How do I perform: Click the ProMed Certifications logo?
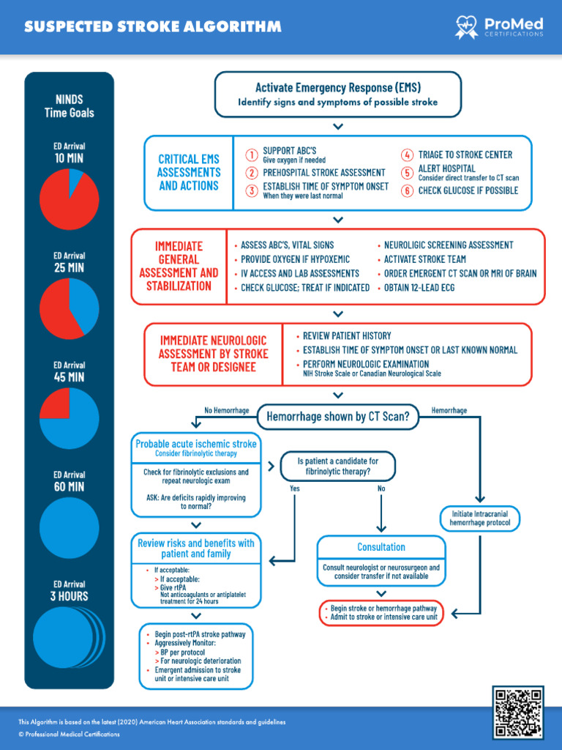coord(499,28)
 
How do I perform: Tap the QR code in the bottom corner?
coord(517,711)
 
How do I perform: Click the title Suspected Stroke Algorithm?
coord(152,27)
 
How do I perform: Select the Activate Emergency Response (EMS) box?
coord(337,94)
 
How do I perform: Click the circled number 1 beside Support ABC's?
coord(251,155)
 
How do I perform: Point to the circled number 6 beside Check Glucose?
coord(407,190)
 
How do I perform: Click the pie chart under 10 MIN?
coord(69,198)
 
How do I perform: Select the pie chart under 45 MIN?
coord(69,417)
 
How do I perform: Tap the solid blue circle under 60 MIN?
coord(69,527)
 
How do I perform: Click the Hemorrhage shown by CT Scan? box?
coord(337,417)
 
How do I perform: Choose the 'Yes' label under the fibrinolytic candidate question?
coord(295,489)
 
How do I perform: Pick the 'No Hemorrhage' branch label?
coord(225,411)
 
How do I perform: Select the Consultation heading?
coord(381,547)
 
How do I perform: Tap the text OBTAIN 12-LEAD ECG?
coord(419,288)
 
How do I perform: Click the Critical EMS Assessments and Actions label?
coord(189,173)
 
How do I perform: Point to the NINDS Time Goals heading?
coord(69,106)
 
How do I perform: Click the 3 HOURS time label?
coord(69,596)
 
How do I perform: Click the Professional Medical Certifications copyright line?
coord(69,734)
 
